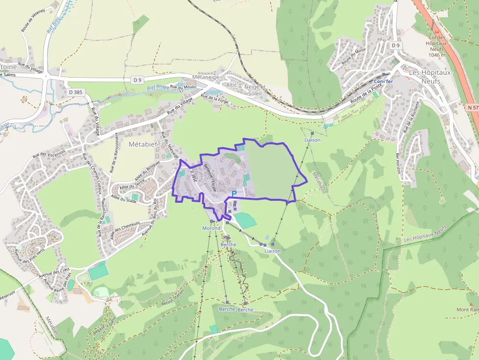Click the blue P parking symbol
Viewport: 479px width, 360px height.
pyautogui.click(x=234, y=194)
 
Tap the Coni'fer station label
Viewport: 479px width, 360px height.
pyautogui.click(x=383, y=81)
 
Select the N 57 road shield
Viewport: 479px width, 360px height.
pyautogui.click(x=472, y=107)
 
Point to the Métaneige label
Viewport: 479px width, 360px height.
pyautogui.click(x=205, y=77)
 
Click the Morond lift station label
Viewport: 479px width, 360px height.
pyautogui.click(x=212, y=228)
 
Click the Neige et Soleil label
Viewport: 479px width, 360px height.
pyautogui.click(x=254, y=89)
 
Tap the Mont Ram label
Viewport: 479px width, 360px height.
pyautogui.click(x=468, y=310)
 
